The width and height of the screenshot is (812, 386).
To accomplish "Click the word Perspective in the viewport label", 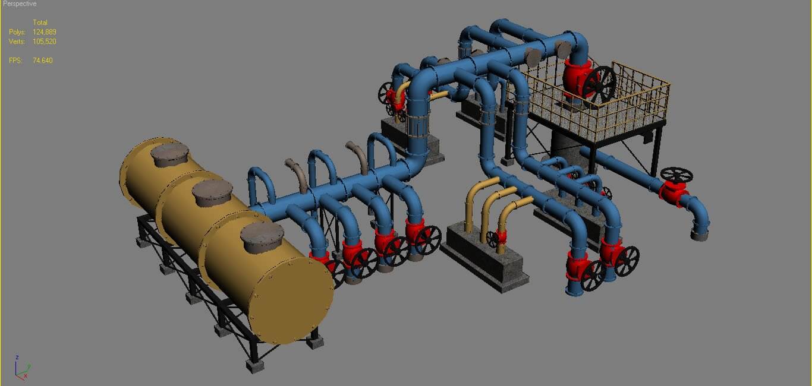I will (20, 4).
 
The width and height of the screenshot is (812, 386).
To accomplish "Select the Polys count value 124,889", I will (45, 32).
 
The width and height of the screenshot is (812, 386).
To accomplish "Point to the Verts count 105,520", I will (45, 42).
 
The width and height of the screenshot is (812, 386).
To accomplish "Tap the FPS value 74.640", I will (43, 61).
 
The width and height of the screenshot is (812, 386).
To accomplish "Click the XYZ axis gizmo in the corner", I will (22, 368).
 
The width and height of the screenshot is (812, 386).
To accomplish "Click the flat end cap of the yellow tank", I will (291, 303).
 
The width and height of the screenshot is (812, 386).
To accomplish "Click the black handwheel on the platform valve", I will (599, 84).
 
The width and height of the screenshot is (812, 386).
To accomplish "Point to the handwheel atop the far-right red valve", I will (676, 175).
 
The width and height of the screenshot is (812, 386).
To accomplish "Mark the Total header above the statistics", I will (40, 23).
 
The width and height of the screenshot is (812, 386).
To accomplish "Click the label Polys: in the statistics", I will (17, 32).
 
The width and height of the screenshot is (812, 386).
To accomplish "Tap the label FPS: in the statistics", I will (15, 61).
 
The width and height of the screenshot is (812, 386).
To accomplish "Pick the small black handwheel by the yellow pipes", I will (492, 239).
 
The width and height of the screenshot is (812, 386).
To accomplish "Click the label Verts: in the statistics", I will (17, 42).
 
